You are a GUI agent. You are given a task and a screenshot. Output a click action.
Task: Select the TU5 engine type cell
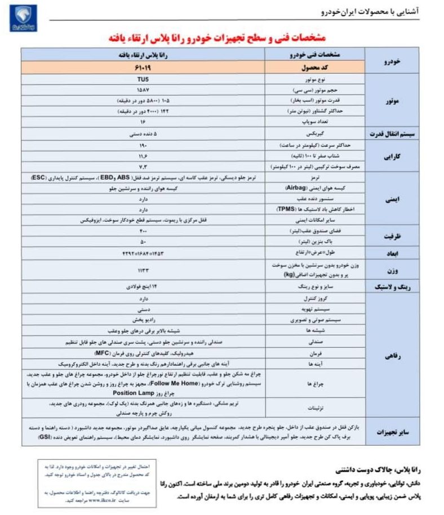(x=143, y=80)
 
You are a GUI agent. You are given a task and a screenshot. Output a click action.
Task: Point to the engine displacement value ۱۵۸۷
(x=143, y=90)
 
